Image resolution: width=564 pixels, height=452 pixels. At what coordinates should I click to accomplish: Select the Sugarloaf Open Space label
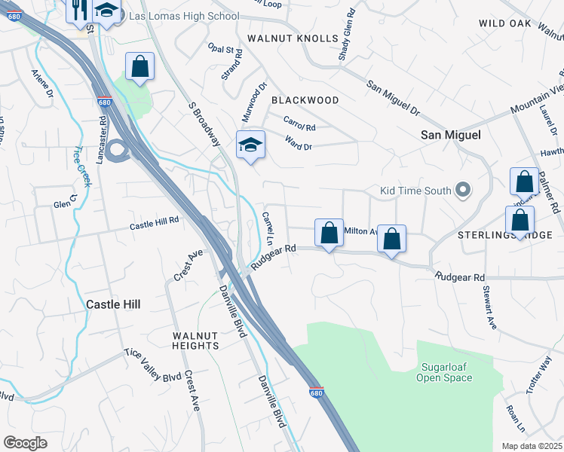point(445,372)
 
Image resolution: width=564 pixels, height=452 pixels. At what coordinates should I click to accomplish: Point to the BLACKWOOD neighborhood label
point(305,99)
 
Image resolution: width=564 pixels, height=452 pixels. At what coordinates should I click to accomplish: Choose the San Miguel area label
point(450,134)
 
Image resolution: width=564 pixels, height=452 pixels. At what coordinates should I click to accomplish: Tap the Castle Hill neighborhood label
point(113,304)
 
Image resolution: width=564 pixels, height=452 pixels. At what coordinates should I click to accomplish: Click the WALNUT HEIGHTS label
point(195,341)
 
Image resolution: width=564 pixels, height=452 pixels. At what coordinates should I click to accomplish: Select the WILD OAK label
point(505,23)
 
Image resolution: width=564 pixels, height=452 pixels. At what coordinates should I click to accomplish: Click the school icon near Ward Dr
point(250,144)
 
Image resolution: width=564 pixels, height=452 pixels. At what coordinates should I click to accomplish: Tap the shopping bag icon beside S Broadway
point(139,66)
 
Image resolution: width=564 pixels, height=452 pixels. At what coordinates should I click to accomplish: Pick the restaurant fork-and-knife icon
point(79,11)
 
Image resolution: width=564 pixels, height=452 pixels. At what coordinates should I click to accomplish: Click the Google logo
point(25,443)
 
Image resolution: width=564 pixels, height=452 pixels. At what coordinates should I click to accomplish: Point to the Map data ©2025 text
point(532,446)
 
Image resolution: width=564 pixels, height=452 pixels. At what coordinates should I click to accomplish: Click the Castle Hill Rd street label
point(154,223)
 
